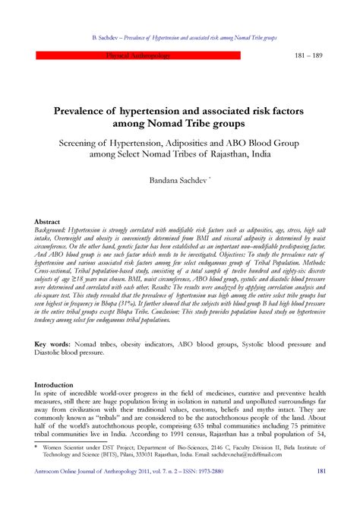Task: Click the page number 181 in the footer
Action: [321, 492]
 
